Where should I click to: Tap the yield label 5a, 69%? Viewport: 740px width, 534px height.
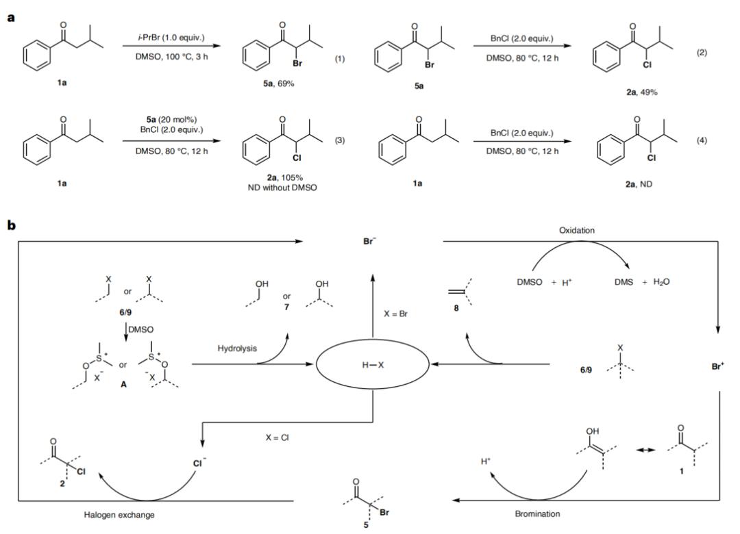tap(278, 84)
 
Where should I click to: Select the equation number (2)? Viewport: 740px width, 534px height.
tap(702, 52)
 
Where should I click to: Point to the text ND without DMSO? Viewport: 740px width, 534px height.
tap(282, 188)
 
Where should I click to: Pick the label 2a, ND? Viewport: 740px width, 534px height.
tap(639, 184)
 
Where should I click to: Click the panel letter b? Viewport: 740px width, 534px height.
tap(12, 225)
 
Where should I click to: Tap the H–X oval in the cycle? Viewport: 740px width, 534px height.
tap(372, 365)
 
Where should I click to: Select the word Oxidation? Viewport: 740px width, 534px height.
tap(577, 230)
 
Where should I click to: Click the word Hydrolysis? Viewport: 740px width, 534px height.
tap(237, 348)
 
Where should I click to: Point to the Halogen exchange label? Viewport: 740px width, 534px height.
tap(119, 515)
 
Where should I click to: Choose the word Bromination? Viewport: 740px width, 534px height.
tap(537, 513)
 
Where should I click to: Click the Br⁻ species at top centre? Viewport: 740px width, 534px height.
tap(369, 241)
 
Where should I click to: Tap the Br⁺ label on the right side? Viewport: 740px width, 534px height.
tap(718, 366)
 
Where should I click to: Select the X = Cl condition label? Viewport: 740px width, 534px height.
tap(277, 437)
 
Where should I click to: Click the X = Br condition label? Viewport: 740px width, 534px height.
tap(395, 314)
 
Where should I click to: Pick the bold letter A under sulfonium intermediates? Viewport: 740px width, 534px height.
tap(123, 385)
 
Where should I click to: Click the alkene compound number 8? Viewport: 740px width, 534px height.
tap(456, 308)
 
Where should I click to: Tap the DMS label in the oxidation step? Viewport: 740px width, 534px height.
tap(624, 282)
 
